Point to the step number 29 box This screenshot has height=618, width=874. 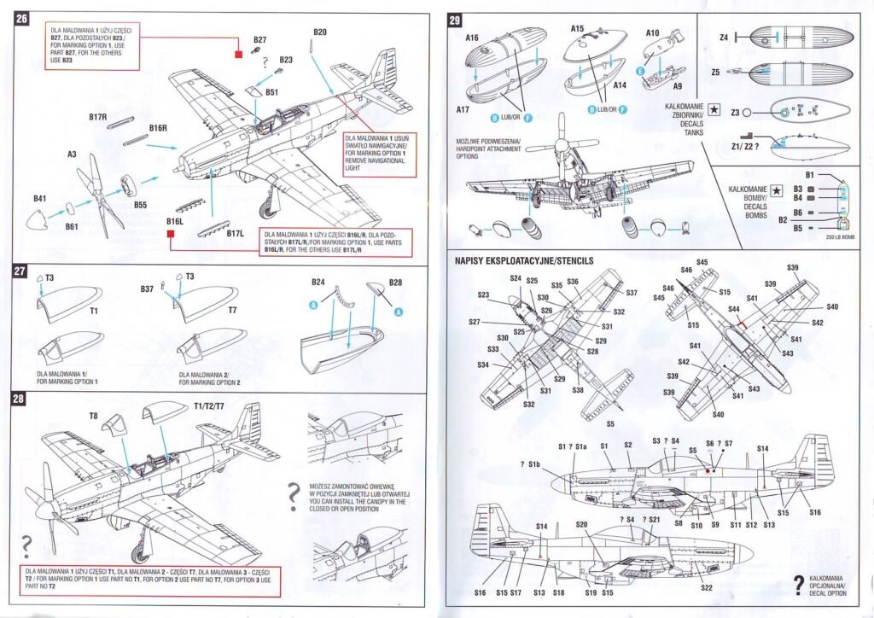(x=455, y=20)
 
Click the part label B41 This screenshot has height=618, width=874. (x=39, y=199)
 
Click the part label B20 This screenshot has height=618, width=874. (x=320, y=32)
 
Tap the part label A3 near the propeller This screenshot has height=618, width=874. (x=73, y=154)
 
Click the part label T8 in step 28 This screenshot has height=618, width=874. (x=94, y=416)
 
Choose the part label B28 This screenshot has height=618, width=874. (x=394, y=282)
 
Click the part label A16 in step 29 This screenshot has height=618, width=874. (x=472, y=38)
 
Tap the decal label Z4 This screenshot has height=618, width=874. (x=724, y=38)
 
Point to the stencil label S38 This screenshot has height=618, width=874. (x=578, y=390)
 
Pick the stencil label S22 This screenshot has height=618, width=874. (x=706, y=587)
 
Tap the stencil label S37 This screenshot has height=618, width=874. (x=632, y=293)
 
